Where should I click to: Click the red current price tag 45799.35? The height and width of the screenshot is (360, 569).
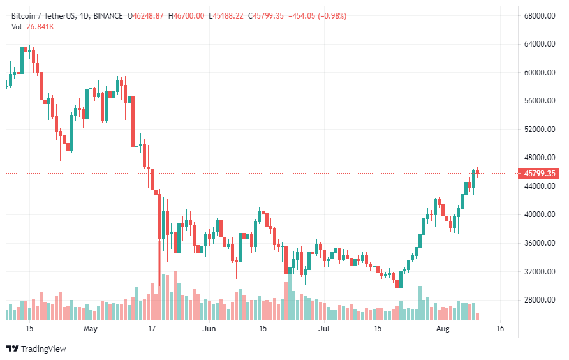tap(540, 173)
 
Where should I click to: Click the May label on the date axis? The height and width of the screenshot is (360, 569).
tap(90, 329)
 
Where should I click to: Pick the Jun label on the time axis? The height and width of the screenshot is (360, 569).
tap(209, 329)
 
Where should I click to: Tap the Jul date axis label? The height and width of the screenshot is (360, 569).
tap(324, 329)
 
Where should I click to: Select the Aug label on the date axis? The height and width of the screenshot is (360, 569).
tap(442, 329)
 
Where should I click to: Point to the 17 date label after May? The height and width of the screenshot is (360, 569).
tap(152, 329)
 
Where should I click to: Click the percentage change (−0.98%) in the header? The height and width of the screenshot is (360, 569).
tap(327, 15)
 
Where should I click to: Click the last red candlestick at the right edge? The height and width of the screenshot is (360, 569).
tap(478, 171)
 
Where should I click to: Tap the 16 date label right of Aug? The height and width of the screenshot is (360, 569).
tap(499, 329)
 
